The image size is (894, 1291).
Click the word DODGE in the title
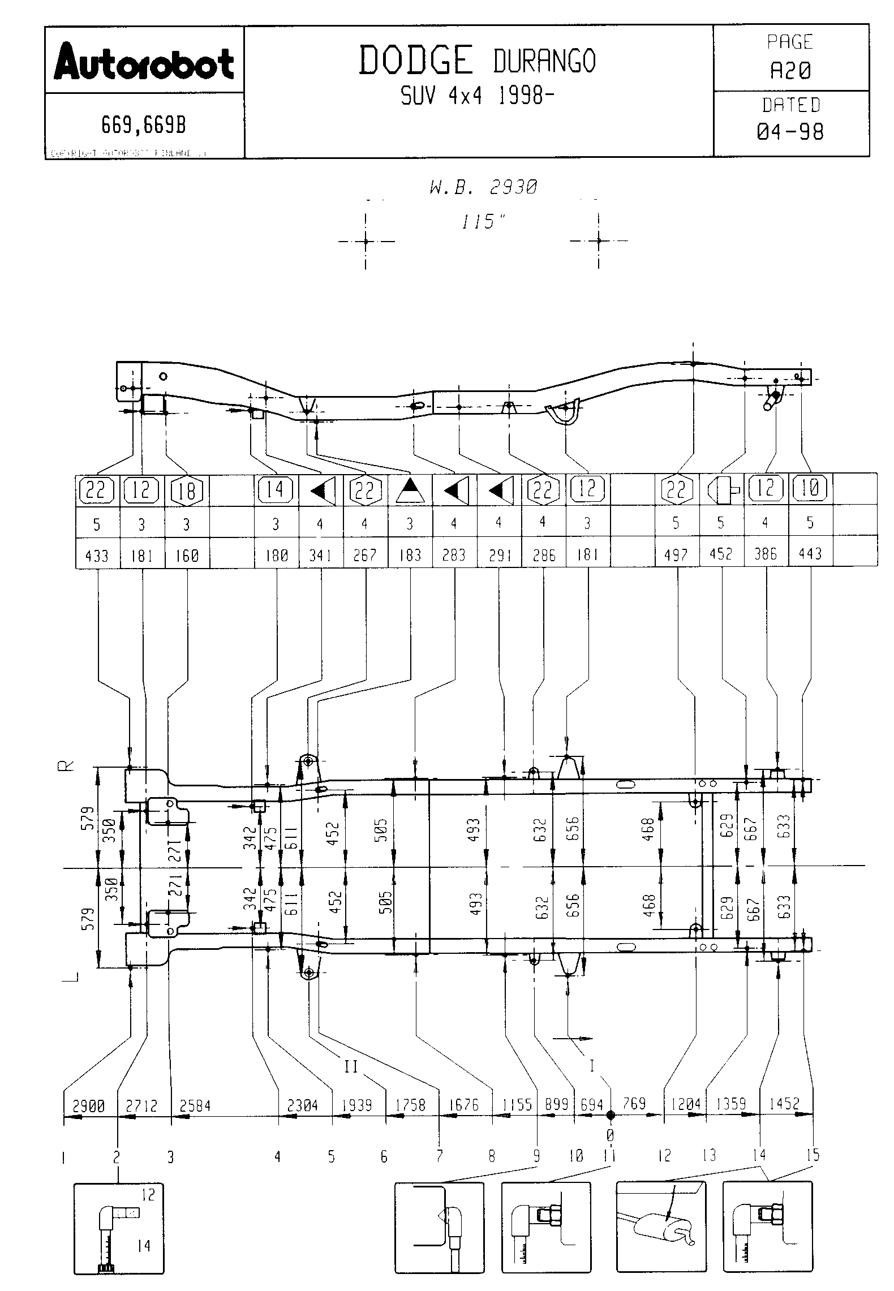[416, 61]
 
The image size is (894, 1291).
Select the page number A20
[790, 71]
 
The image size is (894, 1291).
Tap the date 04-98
[790, 132]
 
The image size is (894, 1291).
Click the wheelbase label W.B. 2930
[483, 187]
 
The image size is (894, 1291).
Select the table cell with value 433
[97, 556]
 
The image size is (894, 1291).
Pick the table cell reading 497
[676, 555]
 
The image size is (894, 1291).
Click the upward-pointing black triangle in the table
[410, 490]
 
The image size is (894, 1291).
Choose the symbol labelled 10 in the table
[810, 488]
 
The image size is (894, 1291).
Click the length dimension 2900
[89, 1105]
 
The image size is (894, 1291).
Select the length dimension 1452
[784, 1103]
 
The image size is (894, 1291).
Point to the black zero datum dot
[610, 1115]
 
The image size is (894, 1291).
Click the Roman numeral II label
[351, 1066]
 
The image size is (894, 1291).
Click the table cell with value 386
[765, 555]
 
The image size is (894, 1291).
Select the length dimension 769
[634, 1103]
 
